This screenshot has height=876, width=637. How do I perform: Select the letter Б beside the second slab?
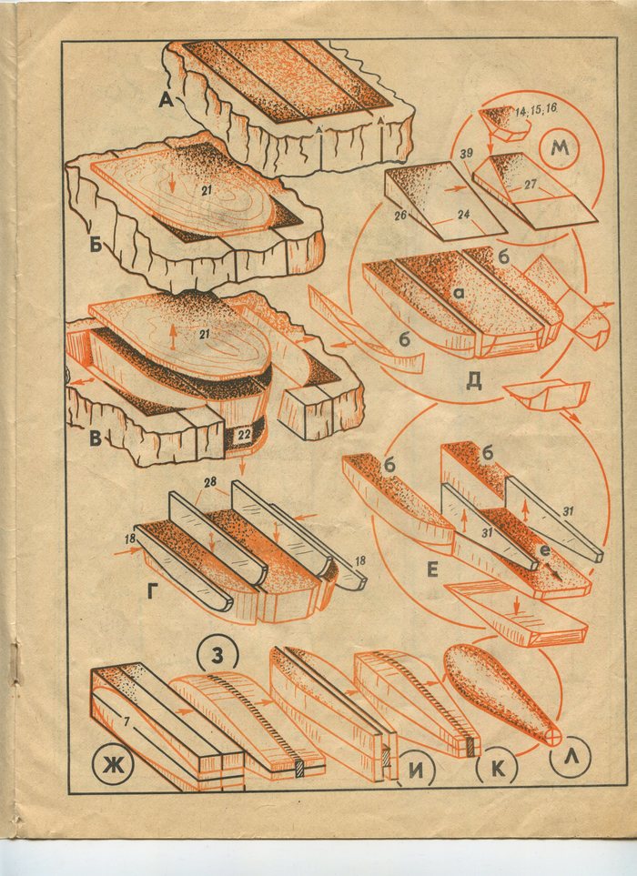[96, 244]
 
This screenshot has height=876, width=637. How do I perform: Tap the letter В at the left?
[96, 438]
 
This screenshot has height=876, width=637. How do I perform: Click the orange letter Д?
[473, 380]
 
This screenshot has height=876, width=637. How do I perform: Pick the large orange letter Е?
[432, 569]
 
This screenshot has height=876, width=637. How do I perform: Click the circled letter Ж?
[109, 765]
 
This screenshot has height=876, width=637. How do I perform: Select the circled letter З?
[217, 656]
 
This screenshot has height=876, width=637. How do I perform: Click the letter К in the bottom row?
[497, 770]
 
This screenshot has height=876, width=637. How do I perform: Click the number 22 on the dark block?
[241, 435]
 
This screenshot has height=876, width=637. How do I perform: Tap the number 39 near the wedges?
[467, 154]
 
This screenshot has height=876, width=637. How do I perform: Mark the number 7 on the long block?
[126, 722]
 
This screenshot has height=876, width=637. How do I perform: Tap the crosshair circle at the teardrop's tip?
[553, 736]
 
